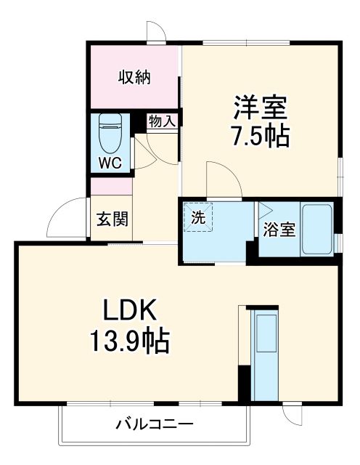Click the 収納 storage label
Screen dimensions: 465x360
134,77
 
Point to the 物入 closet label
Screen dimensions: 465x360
161,121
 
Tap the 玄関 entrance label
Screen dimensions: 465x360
112,219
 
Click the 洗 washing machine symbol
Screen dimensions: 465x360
197,217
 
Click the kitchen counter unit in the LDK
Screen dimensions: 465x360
264,355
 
